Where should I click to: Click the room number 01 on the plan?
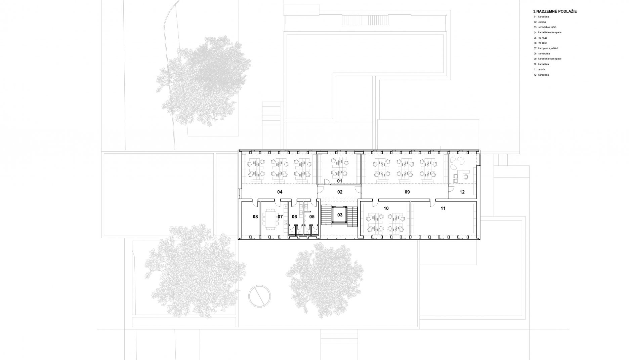pos(339,181)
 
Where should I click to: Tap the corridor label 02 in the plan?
pos(340,192)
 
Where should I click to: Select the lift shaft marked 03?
pos(340,215)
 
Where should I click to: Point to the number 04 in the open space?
pos(280,192)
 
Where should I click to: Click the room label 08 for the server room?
pos(255,216)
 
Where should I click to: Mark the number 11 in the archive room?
pos(443,208)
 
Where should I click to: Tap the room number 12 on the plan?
pos(462,192)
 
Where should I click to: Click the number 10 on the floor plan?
pos(386,208)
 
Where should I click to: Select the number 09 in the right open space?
pos(407,192)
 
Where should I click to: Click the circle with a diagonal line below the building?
pos(259,296)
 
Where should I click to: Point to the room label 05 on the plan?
pos(312,216)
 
